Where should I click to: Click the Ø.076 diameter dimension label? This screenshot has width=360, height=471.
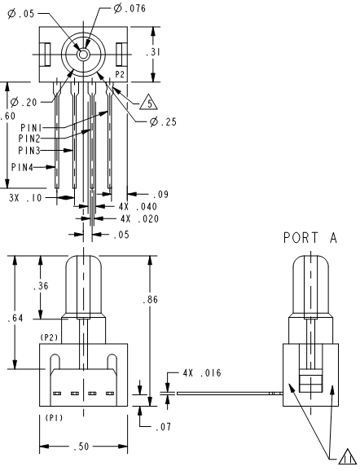pyautogui.click(x=130, y=8)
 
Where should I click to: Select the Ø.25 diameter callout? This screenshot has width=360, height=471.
pyautogui.click(x=163, y=121)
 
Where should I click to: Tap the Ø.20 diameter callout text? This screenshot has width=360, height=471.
pyautogui.click(x=24, y=102)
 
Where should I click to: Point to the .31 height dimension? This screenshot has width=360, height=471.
pyautogui.click(x=153, y=52)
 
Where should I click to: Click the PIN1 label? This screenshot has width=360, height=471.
pyautogui.click(x=31, y=128)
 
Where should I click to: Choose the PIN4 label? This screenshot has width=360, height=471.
pyautogui.click(x=22, y=167)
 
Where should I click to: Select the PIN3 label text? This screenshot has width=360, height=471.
pyautogui.click(x=29, y=150)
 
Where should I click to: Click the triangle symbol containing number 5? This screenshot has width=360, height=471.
pyautogui.click(x=149, y=102)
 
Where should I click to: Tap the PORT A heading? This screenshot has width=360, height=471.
pyautogui.click(x=310, y=238)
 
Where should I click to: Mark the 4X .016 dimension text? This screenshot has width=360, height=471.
pyautogui.click(x=202, y=372)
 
